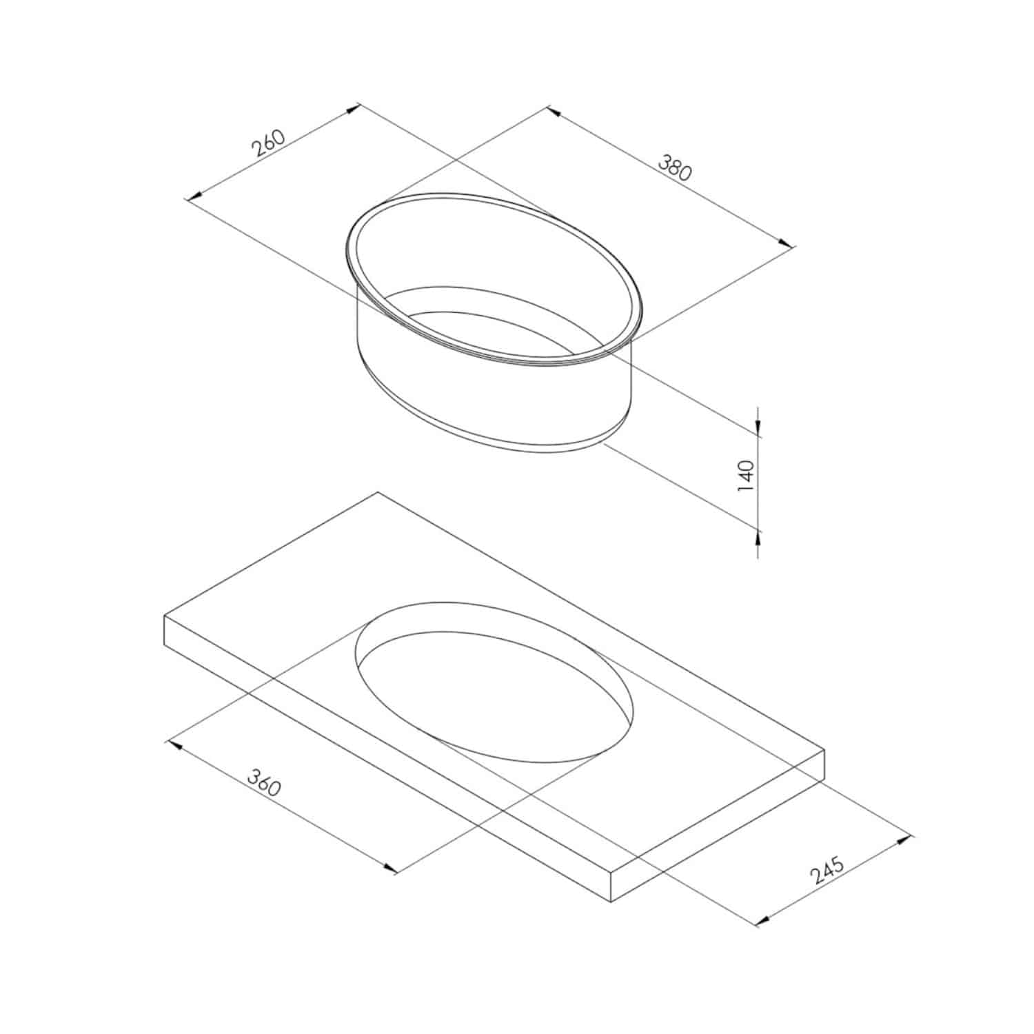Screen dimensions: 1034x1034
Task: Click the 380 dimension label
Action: (x=674, y=168)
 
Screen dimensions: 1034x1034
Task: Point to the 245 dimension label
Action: (x=827, y=870)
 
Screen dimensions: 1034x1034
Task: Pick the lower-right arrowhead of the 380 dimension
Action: (x=787, y=242)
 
